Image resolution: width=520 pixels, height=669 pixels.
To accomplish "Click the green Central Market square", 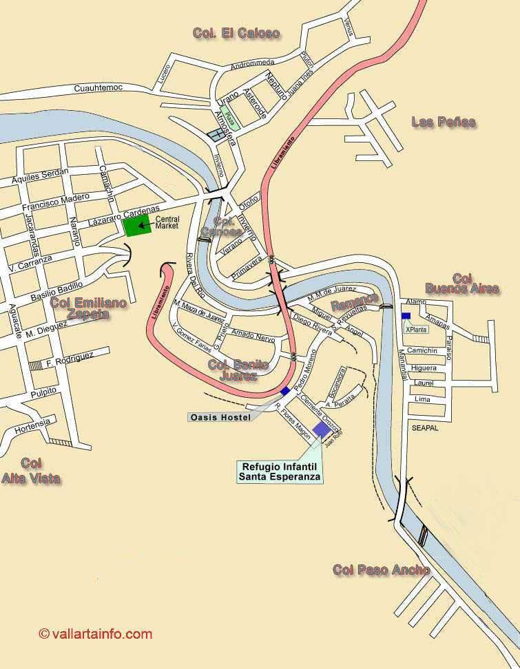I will coord(137,225).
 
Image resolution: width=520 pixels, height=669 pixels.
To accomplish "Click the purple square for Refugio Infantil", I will coord(321,430).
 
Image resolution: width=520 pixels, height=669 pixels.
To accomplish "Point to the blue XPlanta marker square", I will coord(406,316).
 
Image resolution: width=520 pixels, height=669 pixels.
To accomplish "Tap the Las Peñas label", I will coord(444,123).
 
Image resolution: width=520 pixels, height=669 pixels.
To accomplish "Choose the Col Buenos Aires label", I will coord(461,284).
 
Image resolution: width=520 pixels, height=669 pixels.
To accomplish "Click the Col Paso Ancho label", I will coord(381,570).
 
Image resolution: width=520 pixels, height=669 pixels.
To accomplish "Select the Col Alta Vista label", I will coord(30,471).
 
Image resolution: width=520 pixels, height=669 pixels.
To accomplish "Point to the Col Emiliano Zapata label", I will coord(88,308).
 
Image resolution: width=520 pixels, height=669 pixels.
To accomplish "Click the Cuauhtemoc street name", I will coord(98,89).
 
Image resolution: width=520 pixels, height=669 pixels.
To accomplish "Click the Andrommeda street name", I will coord(252,65).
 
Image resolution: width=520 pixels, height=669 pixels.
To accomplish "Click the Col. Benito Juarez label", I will coord(237,370).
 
